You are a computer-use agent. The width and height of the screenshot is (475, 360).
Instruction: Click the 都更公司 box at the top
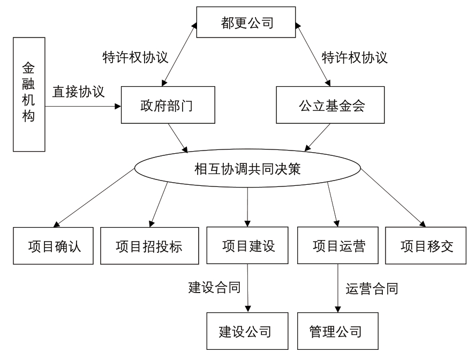(246, 22)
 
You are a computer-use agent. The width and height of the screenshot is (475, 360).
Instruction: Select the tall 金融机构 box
(29, 94)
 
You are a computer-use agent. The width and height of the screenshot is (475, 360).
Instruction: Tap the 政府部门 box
(168, 105)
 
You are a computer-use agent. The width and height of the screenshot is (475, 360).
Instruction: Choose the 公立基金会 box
(330, 105)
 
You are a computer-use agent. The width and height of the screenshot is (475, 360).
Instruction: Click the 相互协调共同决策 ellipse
(247, 168)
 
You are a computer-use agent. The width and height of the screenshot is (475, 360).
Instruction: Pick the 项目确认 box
(54, 246)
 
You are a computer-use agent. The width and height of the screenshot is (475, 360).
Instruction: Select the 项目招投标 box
(149, 246)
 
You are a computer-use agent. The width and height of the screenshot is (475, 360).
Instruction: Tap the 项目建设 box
(247, 245)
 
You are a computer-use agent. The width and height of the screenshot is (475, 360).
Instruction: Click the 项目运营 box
(338, 245)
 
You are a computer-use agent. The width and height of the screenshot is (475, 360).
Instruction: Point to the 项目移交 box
(426, 245)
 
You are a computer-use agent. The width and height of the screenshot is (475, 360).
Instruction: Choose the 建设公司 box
(247, 331)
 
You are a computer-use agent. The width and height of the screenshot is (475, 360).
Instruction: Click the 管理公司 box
(338, 331)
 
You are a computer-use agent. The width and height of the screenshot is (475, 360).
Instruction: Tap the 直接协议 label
(79, 92)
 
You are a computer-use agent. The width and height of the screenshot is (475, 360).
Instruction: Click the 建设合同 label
(215, 287)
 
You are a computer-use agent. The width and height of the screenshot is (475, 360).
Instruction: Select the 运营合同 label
(372, 289)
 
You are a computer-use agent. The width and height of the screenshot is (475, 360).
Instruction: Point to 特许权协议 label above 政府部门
(135, 57)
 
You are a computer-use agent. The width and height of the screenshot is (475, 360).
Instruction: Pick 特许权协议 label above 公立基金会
(355, 57)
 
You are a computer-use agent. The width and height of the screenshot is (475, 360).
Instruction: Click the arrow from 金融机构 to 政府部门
(83, 107)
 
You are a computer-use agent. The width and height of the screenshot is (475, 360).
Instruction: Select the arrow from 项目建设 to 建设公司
(247, 288)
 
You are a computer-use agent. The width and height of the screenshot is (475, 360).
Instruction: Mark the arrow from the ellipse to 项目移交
(393, 197)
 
